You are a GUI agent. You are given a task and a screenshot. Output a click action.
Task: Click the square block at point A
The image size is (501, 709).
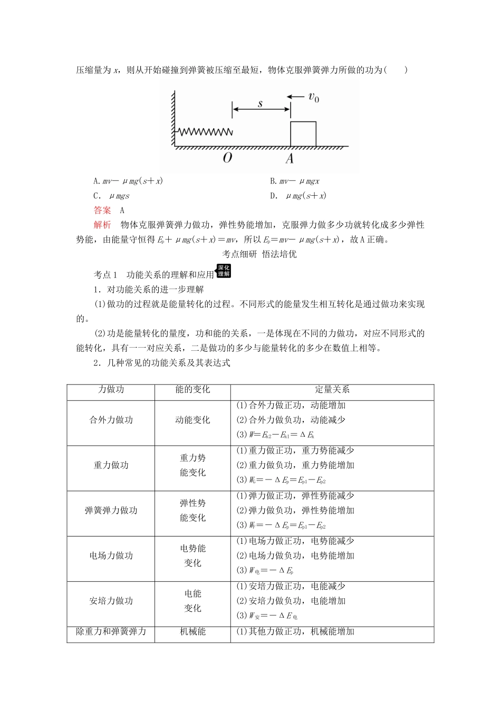tap(303, 133)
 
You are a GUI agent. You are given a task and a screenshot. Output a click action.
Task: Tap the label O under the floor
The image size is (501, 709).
tap(228, 158)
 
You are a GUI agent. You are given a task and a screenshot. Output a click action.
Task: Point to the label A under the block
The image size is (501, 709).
tap(290, 158)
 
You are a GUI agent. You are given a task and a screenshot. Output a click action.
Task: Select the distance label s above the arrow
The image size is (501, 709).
tap(261, 103)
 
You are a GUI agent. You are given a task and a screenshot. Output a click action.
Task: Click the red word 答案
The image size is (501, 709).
tap(102, 210)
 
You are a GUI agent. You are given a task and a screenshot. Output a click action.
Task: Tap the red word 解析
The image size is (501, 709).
tap(102, 225)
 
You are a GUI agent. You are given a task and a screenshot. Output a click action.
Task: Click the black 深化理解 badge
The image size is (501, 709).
tap(224, 271)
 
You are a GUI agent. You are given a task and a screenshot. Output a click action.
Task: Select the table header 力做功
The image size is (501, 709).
tap(111, 390)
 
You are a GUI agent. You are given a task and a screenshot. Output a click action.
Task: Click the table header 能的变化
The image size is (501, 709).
tap(192, 390)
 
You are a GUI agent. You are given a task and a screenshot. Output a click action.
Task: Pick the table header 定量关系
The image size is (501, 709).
tap(332, 390)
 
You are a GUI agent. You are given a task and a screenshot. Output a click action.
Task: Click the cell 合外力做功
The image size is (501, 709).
tap(111, 420)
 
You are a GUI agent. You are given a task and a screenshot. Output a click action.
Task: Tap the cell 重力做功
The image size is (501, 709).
tap(111, 465)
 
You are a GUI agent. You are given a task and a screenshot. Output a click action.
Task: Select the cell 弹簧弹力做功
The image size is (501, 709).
tap(111, 511)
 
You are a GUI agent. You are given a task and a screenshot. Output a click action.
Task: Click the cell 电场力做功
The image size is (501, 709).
tap(111, 556)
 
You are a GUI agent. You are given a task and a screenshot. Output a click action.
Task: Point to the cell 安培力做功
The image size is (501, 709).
tap(111, 601)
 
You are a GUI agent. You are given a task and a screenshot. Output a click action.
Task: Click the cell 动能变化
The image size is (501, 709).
tap(192, 420)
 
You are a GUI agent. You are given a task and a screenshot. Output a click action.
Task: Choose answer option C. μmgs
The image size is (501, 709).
tap(111, 196)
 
